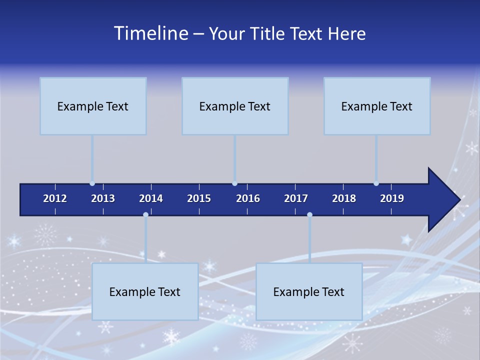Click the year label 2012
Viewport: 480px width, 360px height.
click(55, 198)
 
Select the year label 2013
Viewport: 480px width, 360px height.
click(103, 198)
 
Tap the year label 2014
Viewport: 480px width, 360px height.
click(151, 198)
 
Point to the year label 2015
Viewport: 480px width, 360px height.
click(199, 198)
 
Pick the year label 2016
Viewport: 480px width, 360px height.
click(248, 198)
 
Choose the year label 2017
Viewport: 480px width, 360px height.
click(296, 198)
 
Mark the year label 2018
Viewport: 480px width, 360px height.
click(344, 198)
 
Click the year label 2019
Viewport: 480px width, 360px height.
click(392, 198)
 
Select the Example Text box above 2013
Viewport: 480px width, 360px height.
click(93, 106)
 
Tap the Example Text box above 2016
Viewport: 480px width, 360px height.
click(235, 106)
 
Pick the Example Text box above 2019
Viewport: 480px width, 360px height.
click(377, 106)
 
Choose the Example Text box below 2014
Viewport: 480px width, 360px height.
click(145, 291)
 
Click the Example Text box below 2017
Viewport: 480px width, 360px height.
click(309, 291)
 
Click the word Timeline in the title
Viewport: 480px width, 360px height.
click(151, 33)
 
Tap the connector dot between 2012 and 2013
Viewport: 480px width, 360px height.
click(92, 183)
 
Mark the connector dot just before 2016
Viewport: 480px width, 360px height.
click(234, 183)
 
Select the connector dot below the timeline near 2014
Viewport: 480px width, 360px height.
click(145, 215)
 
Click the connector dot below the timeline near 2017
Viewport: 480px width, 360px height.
click(309, 215)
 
